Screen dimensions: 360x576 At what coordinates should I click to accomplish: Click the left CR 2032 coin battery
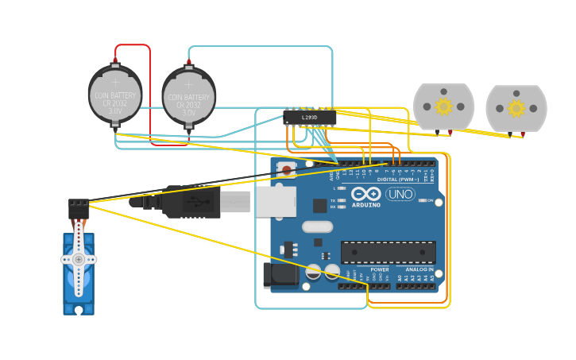point(115,95)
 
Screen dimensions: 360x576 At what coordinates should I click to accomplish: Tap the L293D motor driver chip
point(310,118)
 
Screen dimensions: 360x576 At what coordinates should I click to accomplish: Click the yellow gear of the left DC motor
point(443,106)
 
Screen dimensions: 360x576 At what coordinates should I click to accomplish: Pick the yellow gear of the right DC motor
point(516,107)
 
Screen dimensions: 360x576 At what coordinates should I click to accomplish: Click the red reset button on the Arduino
point(287,169)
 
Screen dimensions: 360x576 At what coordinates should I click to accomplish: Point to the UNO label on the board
point(400,194)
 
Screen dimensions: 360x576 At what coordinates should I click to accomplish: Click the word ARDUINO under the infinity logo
point(365,205)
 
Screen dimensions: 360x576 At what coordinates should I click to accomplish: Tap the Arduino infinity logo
point(365,194)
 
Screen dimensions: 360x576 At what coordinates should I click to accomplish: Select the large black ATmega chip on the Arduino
point(388,252)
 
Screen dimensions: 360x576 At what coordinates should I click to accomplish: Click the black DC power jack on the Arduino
point(280,275)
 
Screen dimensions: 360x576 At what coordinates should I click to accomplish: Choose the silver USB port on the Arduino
point(275,202)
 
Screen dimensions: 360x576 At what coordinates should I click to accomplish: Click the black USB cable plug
point(191,202)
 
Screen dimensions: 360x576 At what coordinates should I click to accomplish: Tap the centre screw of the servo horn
point(79,259)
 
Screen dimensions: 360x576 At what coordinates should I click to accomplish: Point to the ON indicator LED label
point(430,200)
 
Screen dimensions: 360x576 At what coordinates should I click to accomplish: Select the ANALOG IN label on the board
point(419,269)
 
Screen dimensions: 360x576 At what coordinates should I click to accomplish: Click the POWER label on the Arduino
point(380,269)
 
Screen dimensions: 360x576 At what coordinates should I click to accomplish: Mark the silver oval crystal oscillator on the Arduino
point(317,226)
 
